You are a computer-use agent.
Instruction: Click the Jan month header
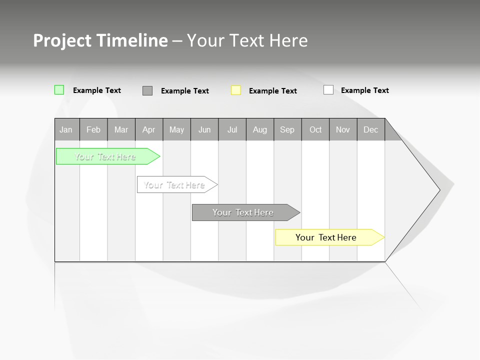click(66, 129)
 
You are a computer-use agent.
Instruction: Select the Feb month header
click(93, 129)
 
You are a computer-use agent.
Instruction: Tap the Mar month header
click(121, 129)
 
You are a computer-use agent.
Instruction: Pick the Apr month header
click(149, 129)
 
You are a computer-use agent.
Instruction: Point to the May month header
click(176, 129)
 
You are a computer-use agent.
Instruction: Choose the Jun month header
click(204, 129)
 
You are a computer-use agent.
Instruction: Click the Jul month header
click(232, 129)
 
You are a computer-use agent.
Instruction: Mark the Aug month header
click(260, 129)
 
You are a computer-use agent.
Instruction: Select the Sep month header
click(287, 129)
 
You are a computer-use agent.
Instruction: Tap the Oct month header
click(315, 129)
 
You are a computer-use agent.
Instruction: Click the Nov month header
click(343, 129)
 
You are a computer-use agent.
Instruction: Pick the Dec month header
click(371, 129)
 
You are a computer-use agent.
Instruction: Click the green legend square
click(59, 90)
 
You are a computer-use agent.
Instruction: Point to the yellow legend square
click(236, 90)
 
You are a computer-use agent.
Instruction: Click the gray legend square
click(147, 90)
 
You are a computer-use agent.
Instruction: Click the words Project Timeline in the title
click(100, 40)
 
